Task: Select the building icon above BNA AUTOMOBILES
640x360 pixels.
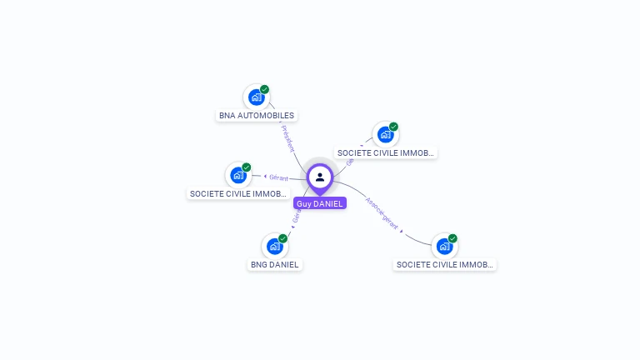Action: pos(256,97)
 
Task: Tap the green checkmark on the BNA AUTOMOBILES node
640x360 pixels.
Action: pos(264,89)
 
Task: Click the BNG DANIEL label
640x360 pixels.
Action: pos(275,265)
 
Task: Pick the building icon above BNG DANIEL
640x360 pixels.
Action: pos(274,247)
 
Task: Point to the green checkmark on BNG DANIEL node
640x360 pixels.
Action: pos(282,238)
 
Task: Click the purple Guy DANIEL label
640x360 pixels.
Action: pos(319,203)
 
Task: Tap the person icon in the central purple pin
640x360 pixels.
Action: pos(320,177)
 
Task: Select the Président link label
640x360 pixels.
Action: pos(287,137)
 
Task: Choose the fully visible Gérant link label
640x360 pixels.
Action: pos(278,177)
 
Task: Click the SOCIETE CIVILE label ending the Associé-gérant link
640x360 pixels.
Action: pos(445,265)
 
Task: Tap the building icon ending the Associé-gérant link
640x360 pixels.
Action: pos(444,247)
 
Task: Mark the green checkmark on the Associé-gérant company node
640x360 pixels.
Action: pos(452,238)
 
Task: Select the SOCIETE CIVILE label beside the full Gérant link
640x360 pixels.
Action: pos(238,194)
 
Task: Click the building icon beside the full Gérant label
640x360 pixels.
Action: pos(238,176)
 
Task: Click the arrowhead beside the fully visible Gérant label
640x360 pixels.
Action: pos(265,177)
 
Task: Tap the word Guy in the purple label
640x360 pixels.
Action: pos(303,203)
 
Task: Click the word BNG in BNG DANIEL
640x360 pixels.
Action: pos(259,265)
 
